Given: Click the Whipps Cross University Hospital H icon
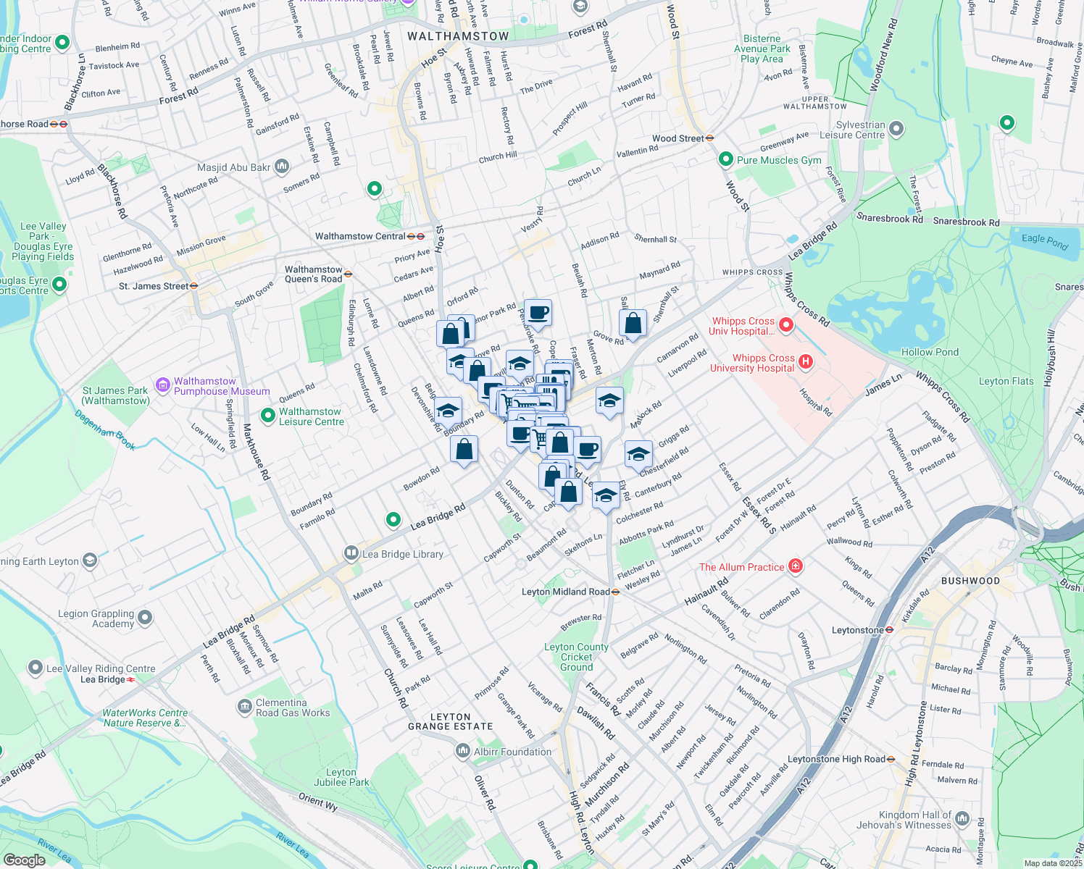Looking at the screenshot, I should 805,361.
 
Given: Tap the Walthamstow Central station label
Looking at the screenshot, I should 360,236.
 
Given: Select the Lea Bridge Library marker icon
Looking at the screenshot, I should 351,554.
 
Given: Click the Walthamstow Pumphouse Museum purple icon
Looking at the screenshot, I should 163,384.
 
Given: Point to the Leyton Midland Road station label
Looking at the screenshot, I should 565,592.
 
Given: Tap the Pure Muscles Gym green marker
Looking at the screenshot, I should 725,159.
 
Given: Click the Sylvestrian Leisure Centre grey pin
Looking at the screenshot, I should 896,129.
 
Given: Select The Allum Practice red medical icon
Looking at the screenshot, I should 795,566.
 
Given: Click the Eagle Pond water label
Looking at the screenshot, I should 1044,241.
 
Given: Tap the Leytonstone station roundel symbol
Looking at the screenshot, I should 889,630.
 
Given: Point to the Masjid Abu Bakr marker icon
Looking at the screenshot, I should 282,167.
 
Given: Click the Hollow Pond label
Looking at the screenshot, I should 930,352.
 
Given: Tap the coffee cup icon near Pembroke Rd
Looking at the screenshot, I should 538,313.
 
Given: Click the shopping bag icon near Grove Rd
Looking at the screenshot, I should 633,323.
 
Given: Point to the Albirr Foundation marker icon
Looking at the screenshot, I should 463,752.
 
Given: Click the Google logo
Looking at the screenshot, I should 24,860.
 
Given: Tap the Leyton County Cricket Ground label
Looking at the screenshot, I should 576,657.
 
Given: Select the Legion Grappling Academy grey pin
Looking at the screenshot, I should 145,618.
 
